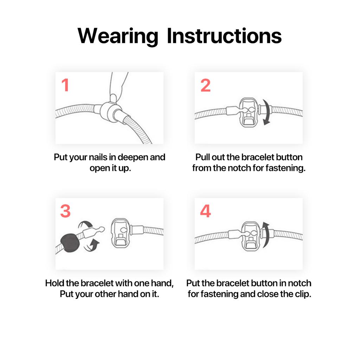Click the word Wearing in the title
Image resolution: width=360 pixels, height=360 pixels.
[x=118, y=36]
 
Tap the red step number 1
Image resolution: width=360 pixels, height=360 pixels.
[x=65, y=85]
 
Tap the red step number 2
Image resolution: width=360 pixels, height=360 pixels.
[x=205, y=85]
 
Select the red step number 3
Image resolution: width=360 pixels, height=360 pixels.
[x=65, y=211]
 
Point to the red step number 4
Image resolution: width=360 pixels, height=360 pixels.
[x=205, y=211]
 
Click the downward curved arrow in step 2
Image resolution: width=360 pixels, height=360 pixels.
[x=267, y=112]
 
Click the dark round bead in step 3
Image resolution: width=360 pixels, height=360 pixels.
[x=70, y=243]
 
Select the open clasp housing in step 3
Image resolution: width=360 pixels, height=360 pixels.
[x=121, y=233]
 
